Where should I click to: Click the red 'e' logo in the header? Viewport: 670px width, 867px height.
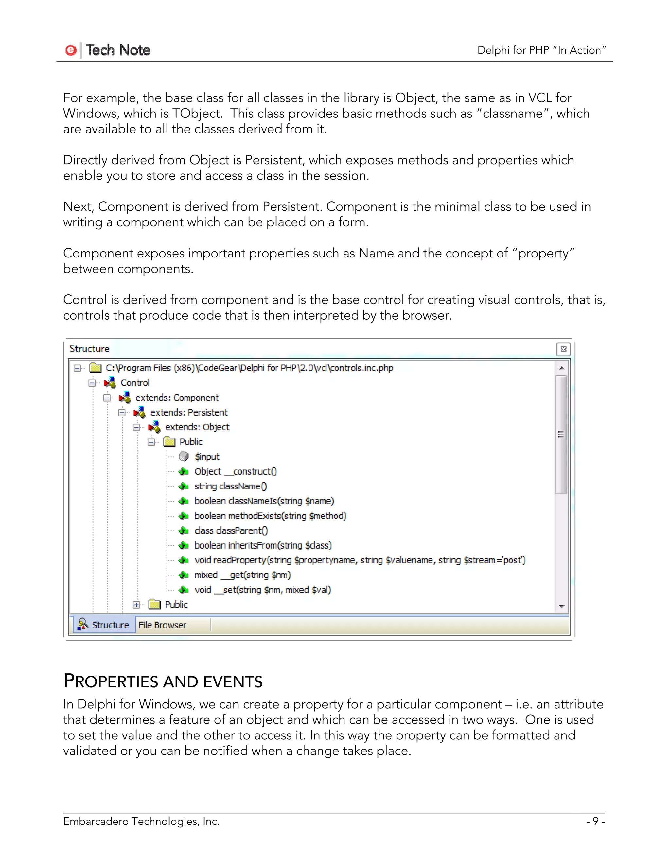[x=71, y=50]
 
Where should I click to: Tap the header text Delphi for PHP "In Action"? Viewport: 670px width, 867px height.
[x=541, y=50]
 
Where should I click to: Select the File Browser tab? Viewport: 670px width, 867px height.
[x=162, y=625]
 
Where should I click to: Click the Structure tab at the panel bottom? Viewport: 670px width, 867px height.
[x=104, y=625]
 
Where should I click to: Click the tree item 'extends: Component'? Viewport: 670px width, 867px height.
[x=177, y=398]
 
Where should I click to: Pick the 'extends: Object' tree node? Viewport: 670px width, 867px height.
[x=197, y=427]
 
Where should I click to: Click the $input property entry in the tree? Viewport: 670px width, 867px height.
[x=207, y=456]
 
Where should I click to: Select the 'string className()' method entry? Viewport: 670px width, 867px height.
[x=230, y=486]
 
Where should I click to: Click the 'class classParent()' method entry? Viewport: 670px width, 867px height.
[x=231, y=531]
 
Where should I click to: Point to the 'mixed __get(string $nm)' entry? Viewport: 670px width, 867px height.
[x=242, y=575]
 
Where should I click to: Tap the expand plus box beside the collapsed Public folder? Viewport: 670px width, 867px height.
[x=136, y=605]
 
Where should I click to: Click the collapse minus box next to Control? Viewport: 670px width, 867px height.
[x=92, y=383]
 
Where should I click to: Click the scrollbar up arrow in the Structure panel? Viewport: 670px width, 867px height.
[x=561, y=368]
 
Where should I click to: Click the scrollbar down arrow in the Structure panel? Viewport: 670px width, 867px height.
[x=561, y=606]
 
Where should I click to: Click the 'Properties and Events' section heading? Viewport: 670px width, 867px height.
[x=163, y=681]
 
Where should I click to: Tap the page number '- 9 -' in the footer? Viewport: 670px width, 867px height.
[x=595, y=821]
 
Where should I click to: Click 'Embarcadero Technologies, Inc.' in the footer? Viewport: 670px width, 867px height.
[x=141, y=821]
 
